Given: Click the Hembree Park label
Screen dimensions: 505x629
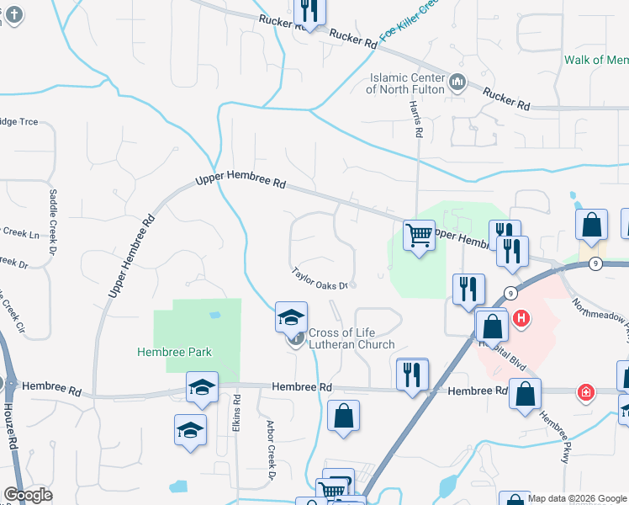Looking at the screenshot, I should (x=176, y=352).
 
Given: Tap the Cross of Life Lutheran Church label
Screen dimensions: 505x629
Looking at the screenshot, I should (x=351, y=338).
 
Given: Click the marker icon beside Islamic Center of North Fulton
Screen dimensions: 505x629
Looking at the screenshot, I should (x=457, y=82).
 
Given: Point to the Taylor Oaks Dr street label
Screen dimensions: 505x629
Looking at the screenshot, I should (x=320, y=279).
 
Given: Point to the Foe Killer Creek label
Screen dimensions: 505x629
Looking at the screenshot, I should (x=410, y=25).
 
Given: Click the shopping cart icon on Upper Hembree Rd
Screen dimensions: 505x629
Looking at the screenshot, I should (x=419, y=235).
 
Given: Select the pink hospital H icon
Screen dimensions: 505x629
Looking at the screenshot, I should (x=521, y=319).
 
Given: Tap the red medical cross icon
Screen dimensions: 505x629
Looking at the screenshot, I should (x=584, y=392).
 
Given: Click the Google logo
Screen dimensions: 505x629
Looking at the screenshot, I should (x=28, y=495).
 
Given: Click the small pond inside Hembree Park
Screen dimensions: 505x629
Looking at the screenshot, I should (x=215, y=316).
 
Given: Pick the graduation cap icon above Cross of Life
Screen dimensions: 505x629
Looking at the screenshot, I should (x=291, y=317).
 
